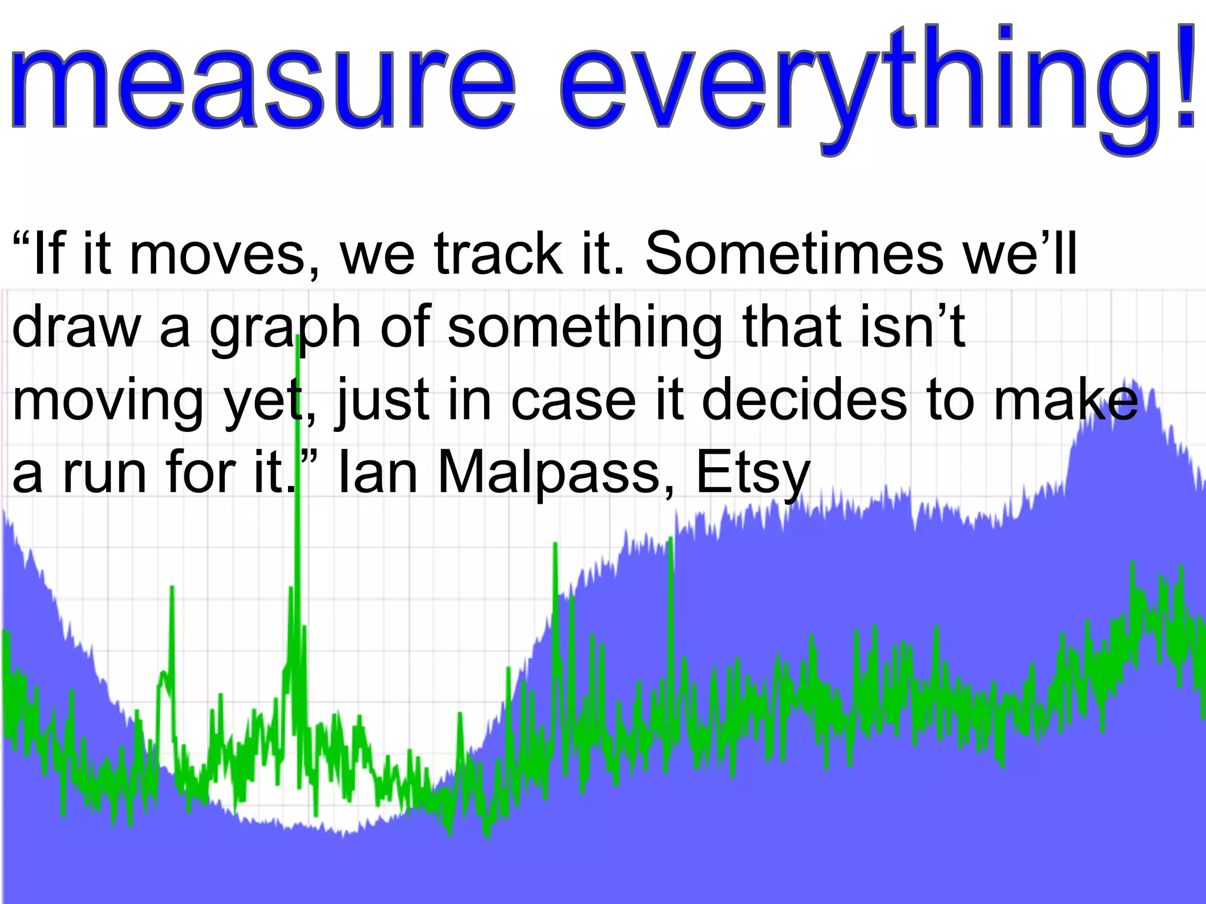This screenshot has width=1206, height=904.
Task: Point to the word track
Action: click(x=498, y=254)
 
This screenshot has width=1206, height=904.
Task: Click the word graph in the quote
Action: click(x=285, y=328)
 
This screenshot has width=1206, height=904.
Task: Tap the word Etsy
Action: click(x=753, y=474)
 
